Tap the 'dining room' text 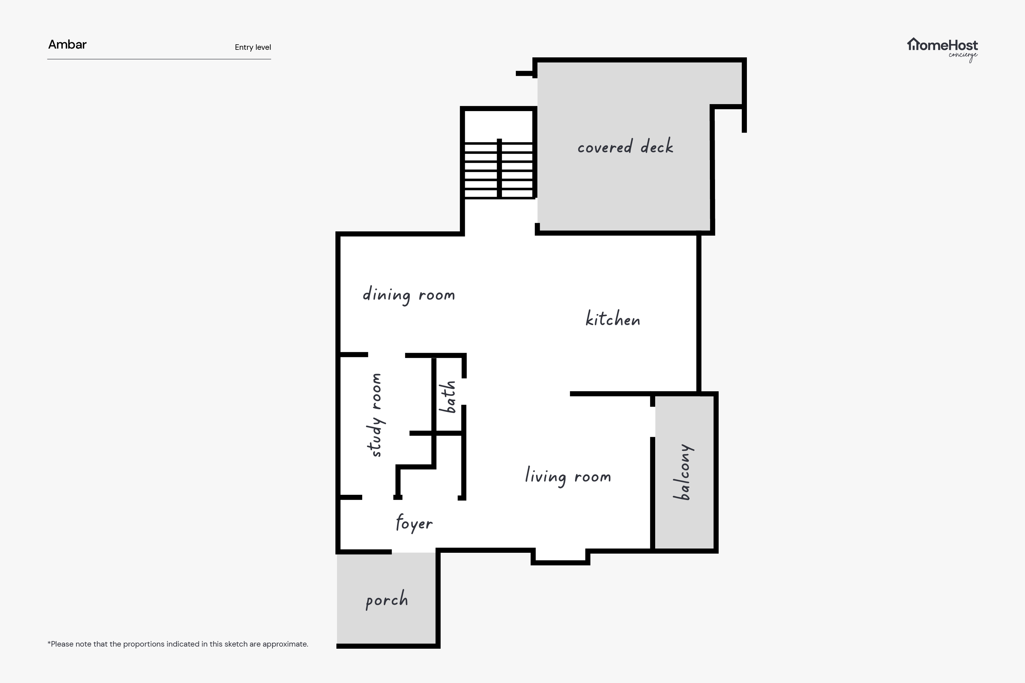(409, 295)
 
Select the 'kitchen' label (613, 318)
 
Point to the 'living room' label (568, 476)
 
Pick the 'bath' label (448, 397)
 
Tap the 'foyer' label (414, 523)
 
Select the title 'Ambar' (67, 44)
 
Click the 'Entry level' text (253, 47)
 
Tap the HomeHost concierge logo (942, 49)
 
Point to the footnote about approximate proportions (178, 644)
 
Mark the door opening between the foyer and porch (414, 552)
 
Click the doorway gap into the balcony (652, 422)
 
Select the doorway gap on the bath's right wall (464, 392)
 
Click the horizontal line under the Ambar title (159, 59)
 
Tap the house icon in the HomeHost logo (913, 44)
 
